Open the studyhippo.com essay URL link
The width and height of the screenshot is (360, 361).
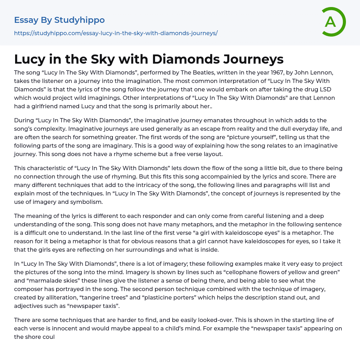coord(116,33)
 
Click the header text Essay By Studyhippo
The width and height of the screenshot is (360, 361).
coord(59,20)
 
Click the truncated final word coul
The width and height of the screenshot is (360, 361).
coord(49,337)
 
